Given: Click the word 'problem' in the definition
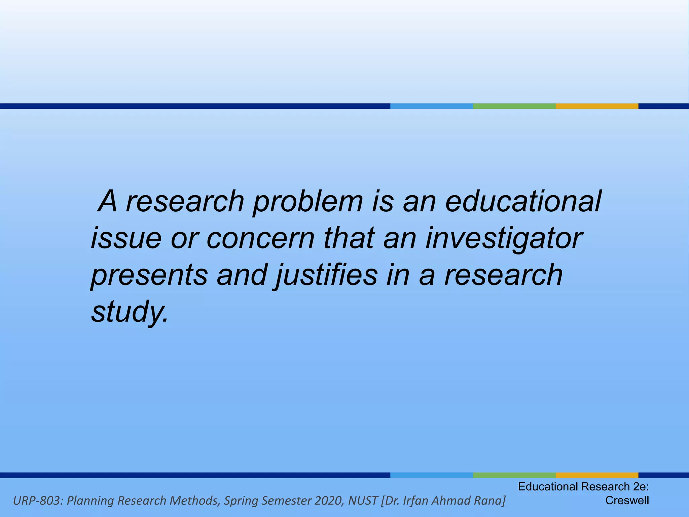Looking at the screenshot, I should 308,202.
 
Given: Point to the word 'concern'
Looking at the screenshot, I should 260,239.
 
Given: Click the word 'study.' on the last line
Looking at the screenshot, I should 130,312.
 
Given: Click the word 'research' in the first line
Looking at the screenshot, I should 185,202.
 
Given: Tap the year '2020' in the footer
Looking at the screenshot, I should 329,501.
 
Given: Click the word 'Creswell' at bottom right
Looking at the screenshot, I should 627,501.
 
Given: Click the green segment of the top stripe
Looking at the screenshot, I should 514,106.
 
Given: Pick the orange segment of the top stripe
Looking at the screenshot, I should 596,106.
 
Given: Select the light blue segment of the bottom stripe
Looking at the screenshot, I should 431,475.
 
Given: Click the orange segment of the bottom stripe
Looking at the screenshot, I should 596,475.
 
